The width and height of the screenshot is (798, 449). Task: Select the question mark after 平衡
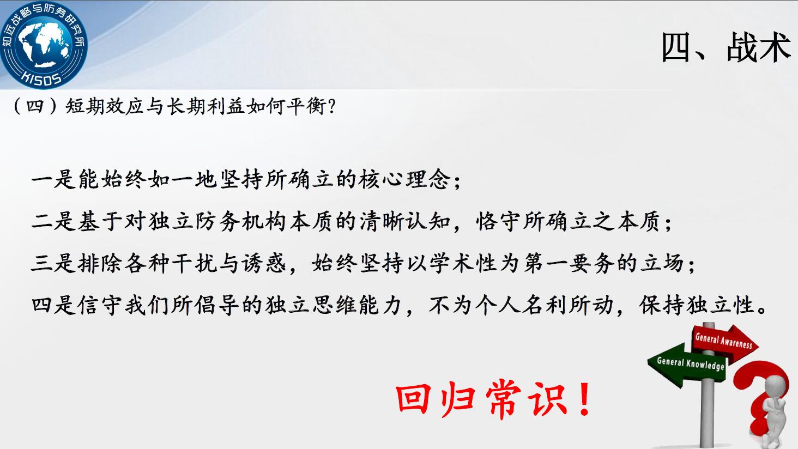[x=331, y=106]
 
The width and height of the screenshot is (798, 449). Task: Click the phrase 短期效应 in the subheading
[x=104, y=106]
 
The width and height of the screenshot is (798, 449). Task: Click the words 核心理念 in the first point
[x=405, y=179]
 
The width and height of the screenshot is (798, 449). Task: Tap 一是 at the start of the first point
[x=53, y=179]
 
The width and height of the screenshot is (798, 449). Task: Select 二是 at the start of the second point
[x=53, y=221]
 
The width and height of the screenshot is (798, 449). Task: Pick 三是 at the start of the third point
[x=53, y=263]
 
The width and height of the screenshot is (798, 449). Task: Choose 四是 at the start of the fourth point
[x=53, y=305]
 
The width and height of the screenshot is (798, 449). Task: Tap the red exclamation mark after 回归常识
[x=584, y=399]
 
